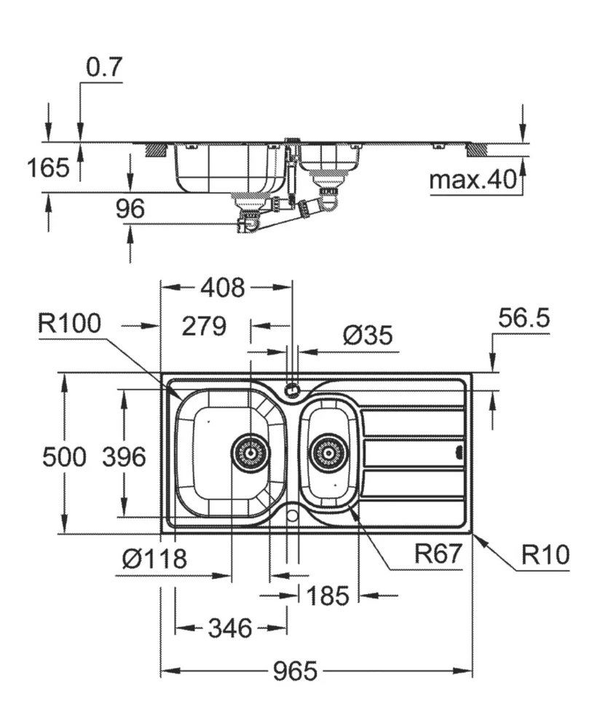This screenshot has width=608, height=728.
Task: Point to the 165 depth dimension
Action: click(x=48, y=167)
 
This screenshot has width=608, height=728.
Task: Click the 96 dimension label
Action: click(x=130, y=209)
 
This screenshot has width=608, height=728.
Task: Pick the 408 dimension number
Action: click(x=224, y=288)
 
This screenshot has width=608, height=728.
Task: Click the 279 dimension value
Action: click(x=205, y=326)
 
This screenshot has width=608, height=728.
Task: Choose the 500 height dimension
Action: click(x=64, y=457)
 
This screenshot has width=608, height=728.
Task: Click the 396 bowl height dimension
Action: click(x=124, y=457)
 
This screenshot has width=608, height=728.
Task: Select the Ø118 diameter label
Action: click(x=154, y=559)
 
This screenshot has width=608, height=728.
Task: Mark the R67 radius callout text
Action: click(x=438, y=555)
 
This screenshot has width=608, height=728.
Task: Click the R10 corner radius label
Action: click(x=545, y=555)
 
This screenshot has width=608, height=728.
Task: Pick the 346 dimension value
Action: click(x=230, y=627)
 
